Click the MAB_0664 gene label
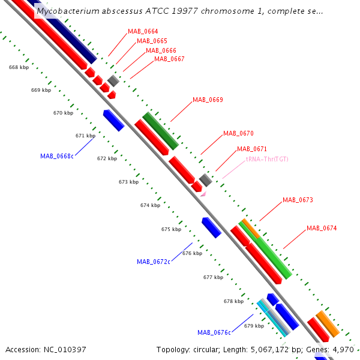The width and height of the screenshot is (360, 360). coord(143,31)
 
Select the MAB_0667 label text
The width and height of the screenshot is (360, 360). coord(169,59)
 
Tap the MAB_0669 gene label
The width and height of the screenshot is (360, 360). coord(208,100)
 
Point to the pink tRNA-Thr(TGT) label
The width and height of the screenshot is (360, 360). coord(267,159)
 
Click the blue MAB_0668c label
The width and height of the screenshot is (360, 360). coord(57,156)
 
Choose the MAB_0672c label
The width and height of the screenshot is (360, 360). coord(154,262)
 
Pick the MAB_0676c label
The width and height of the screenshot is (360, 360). coord(214,332)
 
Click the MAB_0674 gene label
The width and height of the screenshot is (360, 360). coord(322,228)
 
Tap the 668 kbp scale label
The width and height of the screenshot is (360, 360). coord(19,67)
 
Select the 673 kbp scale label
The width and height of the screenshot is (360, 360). coord(128,182)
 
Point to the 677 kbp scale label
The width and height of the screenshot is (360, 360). coord(213,277)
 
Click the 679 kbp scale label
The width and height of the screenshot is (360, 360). coord(254,326)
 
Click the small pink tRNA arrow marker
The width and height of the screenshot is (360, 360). coord(203,194)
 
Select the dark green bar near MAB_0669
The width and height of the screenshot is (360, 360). coord(160,131)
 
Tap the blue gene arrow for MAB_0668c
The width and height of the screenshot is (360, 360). coord(113,121)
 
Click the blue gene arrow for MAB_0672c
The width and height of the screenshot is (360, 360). coord(211,227)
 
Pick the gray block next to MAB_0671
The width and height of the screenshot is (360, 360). coord(205,180)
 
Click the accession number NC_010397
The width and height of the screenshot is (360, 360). coord(65,350)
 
